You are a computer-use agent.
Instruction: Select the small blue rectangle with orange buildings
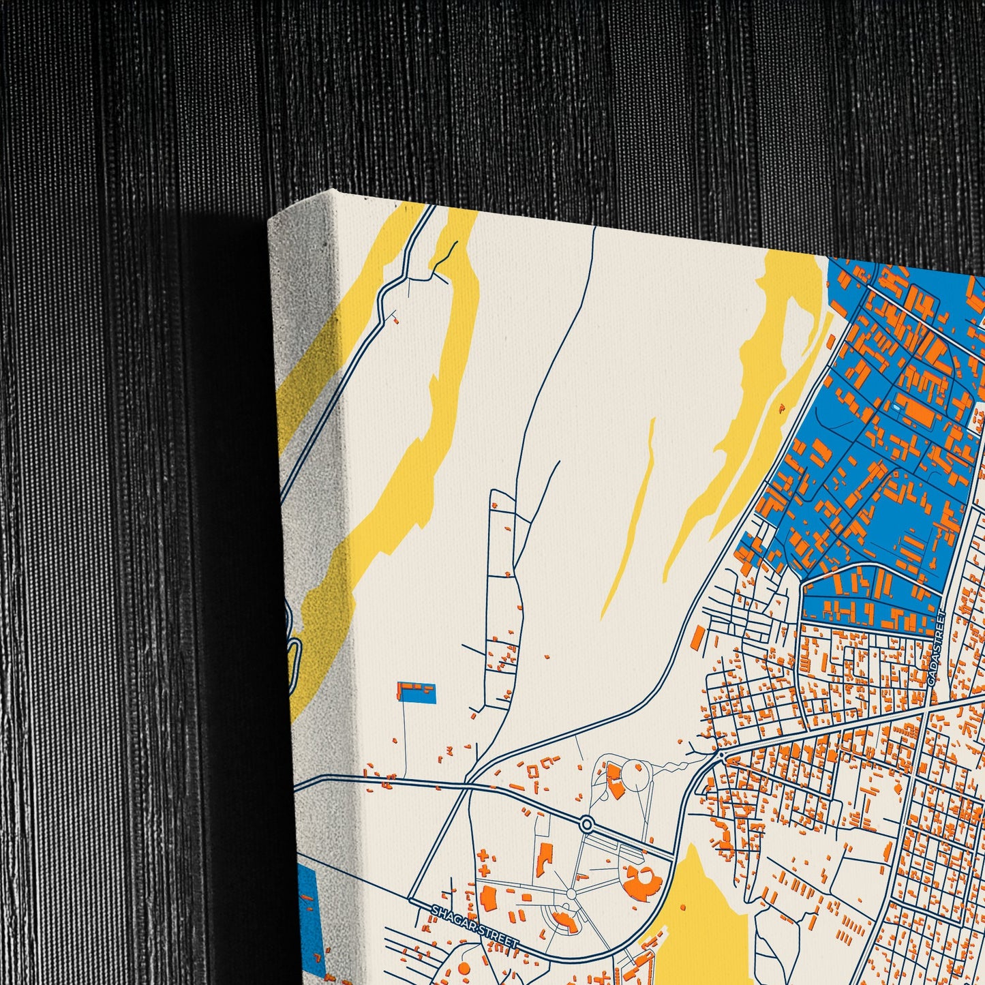tap(416, 692)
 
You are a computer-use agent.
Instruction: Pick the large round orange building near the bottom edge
tap(464, 968)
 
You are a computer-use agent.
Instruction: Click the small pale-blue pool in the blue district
tap(894, 406)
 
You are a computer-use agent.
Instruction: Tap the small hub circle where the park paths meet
tap(571, 894)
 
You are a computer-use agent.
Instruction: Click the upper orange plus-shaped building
tap(483, 855)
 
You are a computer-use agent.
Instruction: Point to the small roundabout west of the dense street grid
tap(721, 755)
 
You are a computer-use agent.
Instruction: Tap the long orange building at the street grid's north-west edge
tap(697, 638)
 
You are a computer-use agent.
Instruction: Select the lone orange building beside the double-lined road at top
tap(394, 318)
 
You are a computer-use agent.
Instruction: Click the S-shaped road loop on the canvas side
tap(291, 641)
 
